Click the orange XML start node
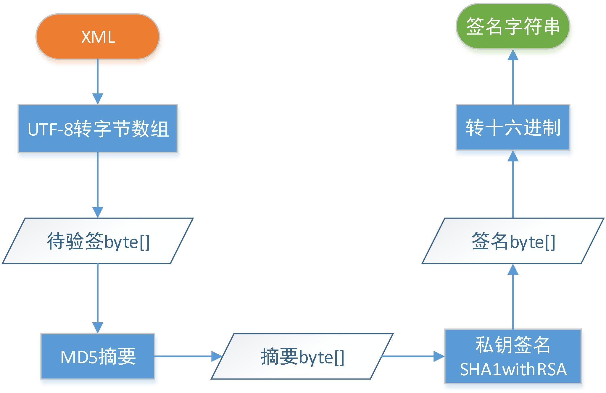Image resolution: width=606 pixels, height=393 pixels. click(98, 37)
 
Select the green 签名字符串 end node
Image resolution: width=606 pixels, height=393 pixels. click(513, 26)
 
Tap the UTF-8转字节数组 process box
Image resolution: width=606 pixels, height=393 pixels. click(98, 129)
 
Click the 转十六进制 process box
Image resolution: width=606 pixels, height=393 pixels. click(513, 127)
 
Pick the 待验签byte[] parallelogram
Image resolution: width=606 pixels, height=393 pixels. click(98, 241)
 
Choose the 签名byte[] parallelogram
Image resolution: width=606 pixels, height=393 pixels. click(513, 241)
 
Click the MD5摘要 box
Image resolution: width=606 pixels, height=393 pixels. click(98, 356)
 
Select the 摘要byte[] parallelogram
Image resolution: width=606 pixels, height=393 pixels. click(302, 356)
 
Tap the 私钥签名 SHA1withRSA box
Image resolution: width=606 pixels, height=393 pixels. click(513, 356)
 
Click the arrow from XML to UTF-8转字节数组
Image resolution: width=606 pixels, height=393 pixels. click(98, 82)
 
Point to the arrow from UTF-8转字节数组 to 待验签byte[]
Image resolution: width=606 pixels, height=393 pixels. click(98, 185)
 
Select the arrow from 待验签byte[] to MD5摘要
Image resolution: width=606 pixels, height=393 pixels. click(98, 299)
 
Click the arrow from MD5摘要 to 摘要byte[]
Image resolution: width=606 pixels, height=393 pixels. click(188, 356)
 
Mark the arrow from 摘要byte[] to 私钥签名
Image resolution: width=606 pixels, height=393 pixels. click(413, 356)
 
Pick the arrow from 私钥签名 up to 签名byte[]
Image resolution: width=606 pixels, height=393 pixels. click(513, 296)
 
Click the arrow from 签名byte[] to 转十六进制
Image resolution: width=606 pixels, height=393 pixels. click(513, 184)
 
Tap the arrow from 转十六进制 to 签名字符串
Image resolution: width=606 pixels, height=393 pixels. click(513, 77)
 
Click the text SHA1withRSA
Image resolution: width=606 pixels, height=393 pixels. click(513, 369)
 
